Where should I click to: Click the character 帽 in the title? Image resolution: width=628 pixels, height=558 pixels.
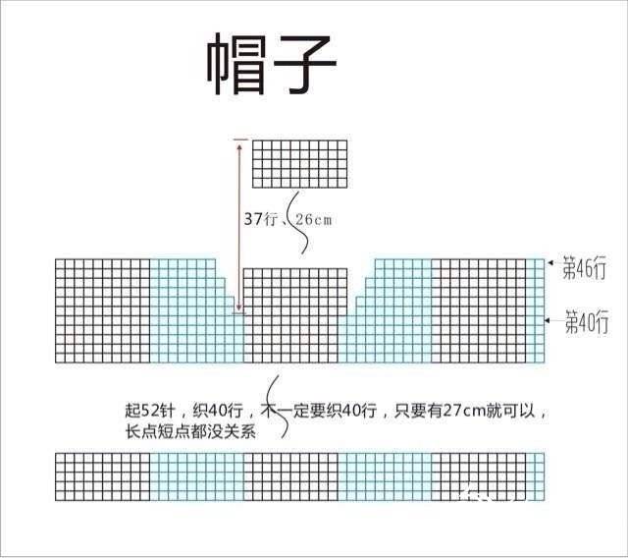coord(236,64)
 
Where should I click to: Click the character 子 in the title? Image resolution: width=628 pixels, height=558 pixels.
coord(304,64)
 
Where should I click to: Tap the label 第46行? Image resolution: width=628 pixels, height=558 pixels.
coord(585,267)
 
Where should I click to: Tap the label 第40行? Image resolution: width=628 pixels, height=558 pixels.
coord(587,321)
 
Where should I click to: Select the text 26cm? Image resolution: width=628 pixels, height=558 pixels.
coord(314,220)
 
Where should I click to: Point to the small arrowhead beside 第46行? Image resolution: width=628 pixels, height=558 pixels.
coord(550,263)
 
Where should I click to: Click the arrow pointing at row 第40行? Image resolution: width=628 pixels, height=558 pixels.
coord(553,320)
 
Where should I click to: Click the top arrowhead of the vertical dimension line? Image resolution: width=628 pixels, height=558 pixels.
coord(239,147)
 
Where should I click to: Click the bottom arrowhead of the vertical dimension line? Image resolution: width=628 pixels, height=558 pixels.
coord(239,307)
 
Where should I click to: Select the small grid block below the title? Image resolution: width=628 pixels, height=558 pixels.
coord(299,164)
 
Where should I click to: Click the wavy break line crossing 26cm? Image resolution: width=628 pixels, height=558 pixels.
coord(299,222)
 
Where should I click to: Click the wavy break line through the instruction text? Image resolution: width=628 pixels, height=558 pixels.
coord(278,406)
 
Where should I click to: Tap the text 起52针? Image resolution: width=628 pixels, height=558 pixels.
coord(150,411)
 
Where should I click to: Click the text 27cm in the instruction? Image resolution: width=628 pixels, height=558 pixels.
coord(464,411)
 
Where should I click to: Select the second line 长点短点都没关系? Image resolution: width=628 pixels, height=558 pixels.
coord(190,432)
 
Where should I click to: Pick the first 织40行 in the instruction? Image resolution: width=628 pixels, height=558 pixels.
coord(218,411)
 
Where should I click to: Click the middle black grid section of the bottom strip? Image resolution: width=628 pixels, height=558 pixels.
coord(290,477)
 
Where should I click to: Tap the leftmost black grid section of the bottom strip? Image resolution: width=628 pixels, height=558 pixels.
coord(102,477)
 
